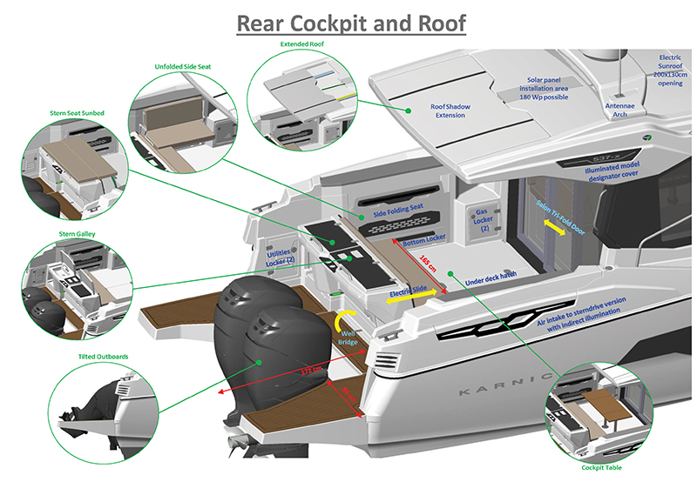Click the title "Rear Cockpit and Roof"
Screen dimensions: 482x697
tap(352, 23)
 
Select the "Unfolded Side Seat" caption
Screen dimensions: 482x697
tap(182, 66)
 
